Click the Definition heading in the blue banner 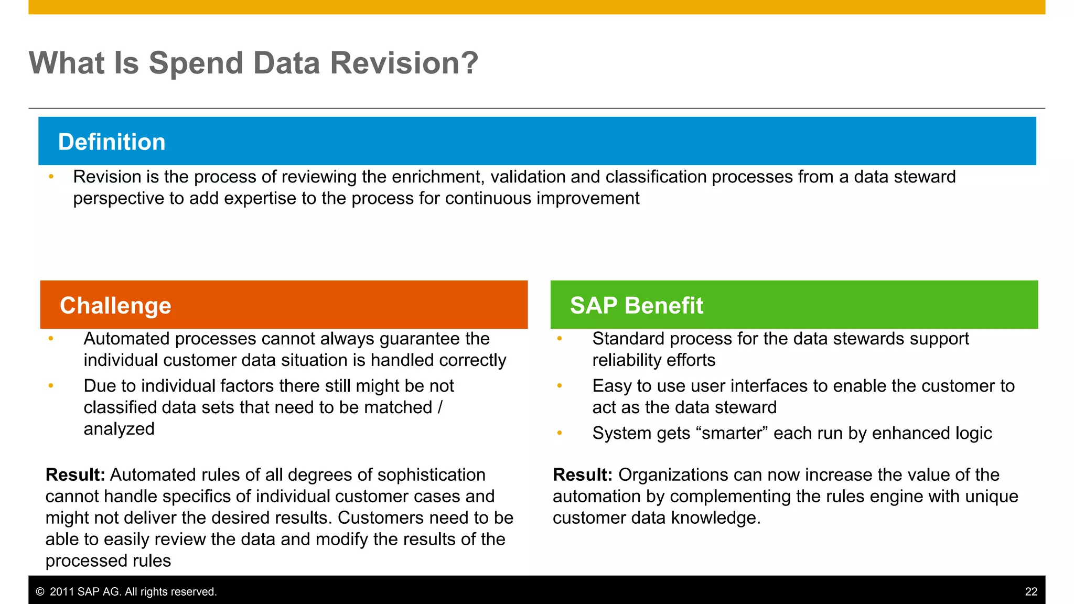[x=112, y=142]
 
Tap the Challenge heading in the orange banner [x=115, y=306]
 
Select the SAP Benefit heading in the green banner [x=636, y=306]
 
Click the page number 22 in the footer [x=1031, y=592]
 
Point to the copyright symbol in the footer [x=40, y=592]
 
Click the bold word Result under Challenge [x=74, y=475]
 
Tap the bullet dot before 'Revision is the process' [x=51, y=177]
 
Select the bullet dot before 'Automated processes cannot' [x=51, y=339]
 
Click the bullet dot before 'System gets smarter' [x=560, y=433]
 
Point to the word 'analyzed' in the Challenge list [x=119, y=429]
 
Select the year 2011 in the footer [x=61, y=592]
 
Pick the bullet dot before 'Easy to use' [x=560, y=386]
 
